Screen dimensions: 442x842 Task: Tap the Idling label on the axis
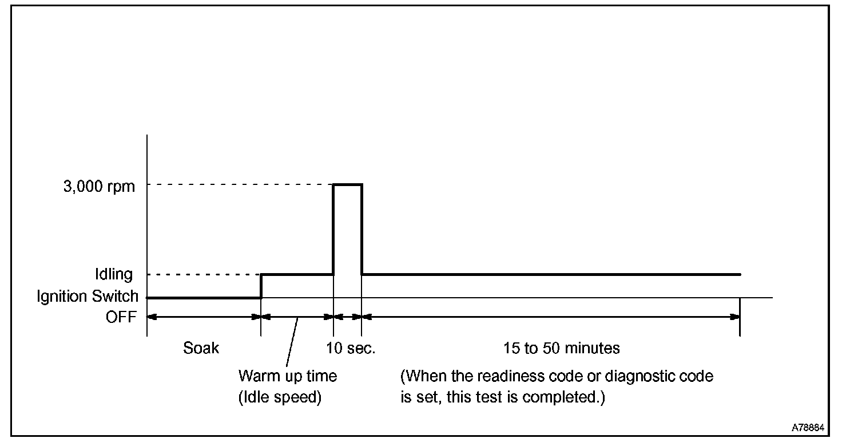pyautogui.click(x=113, y=275)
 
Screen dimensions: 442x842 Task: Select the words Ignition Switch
pyautogui.click(x=88, y=297)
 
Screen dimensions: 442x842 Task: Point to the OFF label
pyautogui.click(x=121, y=317)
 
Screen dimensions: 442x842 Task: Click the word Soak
pyautogui.click(x=201, y=348)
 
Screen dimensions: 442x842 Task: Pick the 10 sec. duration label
pyautogui.click(x=351, y=348)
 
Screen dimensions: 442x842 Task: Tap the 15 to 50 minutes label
pyautogui.click(x=562, y=348)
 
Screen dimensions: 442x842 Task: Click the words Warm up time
pyautogui.click(x=287, y=376)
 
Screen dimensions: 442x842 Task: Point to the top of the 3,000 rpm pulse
pyautogui.click(x=347, y=184)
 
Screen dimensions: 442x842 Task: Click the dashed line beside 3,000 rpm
pyautogui.click(x=240, y=184)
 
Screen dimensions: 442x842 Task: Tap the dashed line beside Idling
pyautogui.click(x=202, y=274)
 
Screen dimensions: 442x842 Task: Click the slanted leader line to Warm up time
pyautogui.click(x=292, y=342)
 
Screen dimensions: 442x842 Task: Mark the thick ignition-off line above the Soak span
pyautogui.click(x=204, y=298)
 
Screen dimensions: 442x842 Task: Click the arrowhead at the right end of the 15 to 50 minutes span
pyautogui.click(x=735, y=316)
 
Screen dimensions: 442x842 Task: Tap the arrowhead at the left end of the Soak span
pyautogui.click(x=152, y=316)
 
